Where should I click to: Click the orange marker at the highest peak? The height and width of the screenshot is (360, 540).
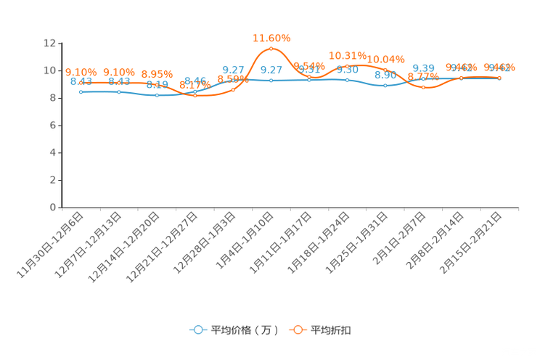[x=271, y=49]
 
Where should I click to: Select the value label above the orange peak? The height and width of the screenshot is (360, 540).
[x=271, y=36]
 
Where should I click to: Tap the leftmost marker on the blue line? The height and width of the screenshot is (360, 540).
[x=81, y=92]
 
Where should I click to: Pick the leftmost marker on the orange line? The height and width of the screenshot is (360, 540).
[x=81, y=82]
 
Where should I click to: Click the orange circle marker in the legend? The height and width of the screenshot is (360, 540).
[x=298, y=330]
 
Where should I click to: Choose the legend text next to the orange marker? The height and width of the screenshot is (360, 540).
[x=332, y=330]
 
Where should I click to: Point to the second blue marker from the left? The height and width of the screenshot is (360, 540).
[x=118, y=92]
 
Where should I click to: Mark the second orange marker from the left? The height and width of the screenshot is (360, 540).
[x=118, y=82]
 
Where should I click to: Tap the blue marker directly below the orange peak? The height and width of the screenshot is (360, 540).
[x=271, y=80]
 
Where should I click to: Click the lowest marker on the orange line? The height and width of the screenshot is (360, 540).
[x=195, y=96]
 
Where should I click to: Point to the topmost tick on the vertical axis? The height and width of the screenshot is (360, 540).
[x=60, y=43]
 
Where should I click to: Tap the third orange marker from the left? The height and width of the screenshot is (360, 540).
[x=157, y=85]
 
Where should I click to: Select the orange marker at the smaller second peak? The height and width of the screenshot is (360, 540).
[x=348, y=66]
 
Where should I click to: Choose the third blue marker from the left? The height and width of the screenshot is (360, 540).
[x=157, y=95]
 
